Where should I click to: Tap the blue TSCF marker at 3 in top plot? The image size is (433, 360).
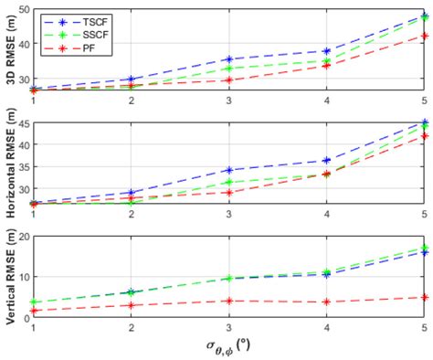[x=229, y=59]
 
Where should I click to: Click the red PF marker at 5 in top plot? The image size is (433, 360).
[x=425, y=37]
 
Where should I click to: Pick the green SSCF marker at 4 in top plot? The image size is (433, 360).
[x=327, y=61]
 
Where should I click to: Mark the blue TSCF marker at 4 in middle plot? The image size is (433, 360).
[x=327, y=161]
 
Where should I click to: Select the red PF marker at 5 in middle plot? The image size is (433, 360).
[x=425, y=136]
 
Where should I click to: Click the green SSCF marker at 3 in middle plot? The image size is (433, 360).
[x=229, y=183]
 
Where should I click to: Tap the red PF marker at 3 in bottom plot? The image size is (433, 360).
[x=229, y=301]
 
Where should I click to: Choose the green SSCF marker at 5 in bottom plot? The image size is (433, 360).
[x=425, y=248]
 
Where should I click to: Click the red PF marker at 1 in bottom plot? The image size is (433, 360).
[x=34, y=311]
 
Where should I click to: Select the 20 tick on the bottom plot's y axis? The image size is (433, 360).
[x=23, y=236]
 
